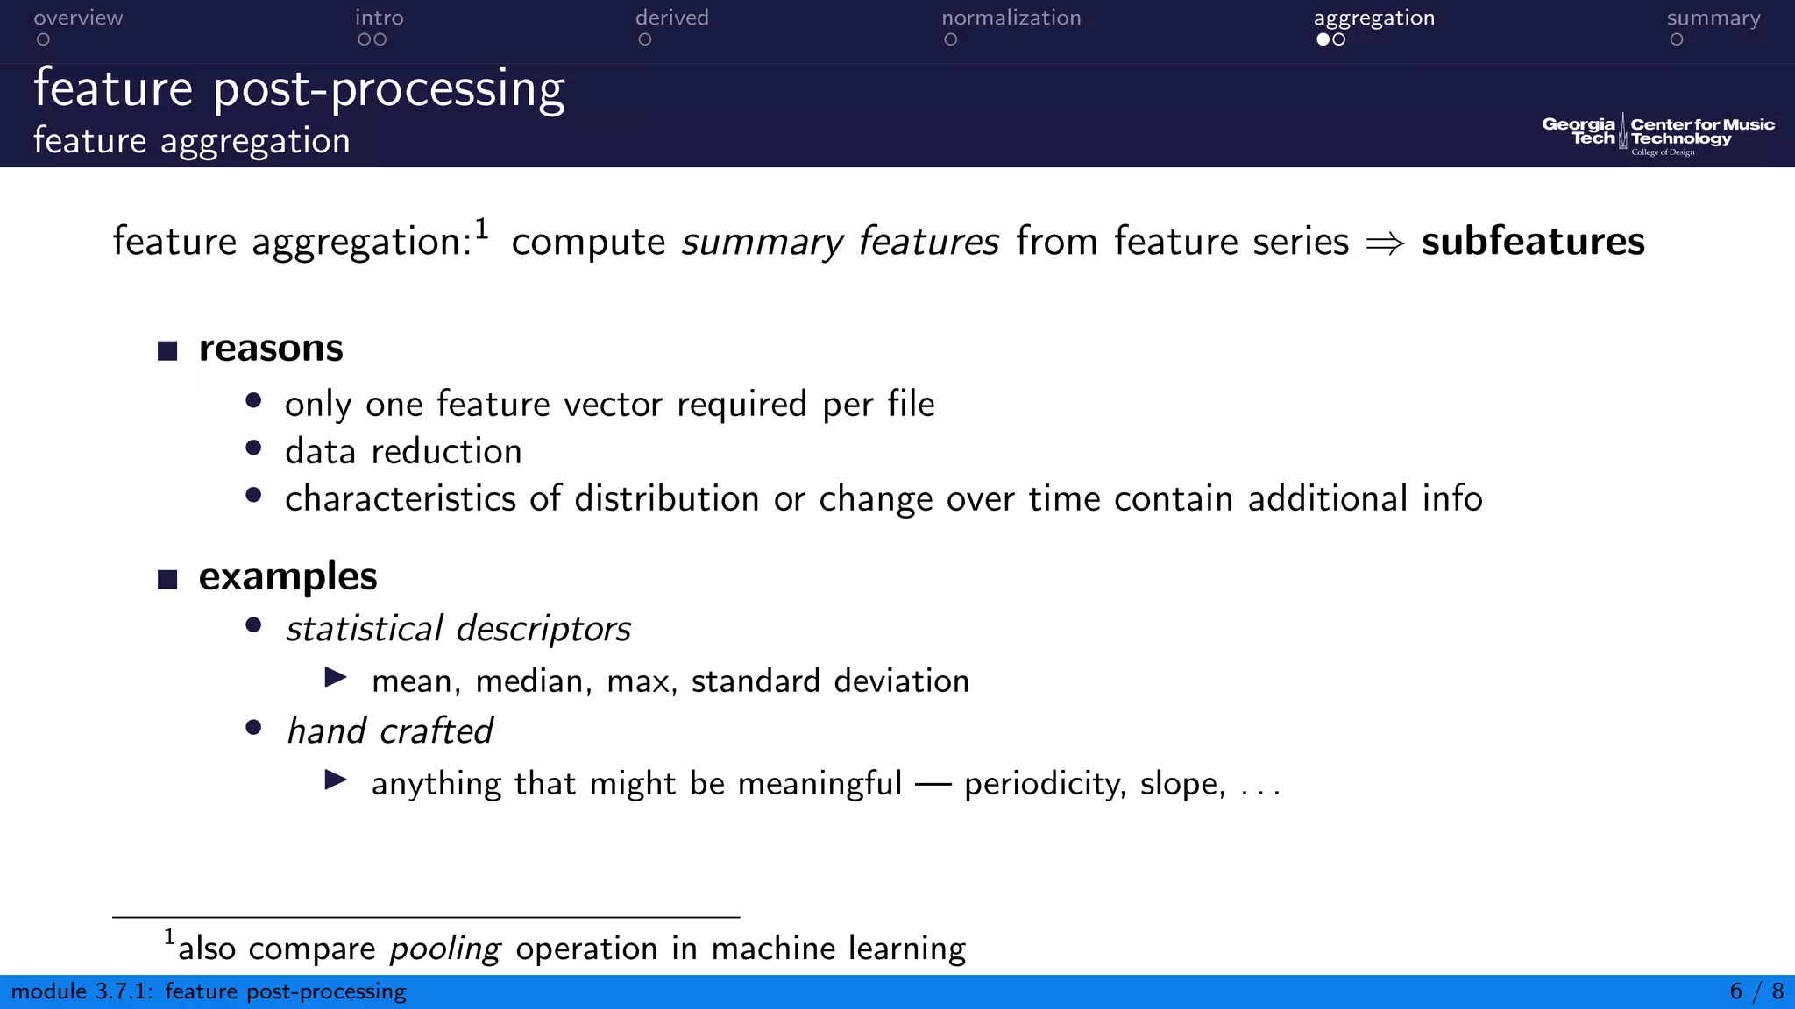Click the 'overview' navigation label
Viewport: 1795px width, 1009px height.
78,18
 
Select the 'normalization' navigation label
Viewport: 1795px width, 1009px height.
1011,18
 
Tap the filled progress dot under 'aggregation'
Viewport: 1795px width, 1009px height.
1323,39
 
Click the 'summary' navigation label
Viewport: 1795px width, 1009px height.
1713,18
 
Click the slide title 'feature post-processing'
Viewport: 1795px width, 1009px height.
299,89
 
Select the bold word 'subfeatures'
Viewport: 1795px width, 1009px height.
1532,242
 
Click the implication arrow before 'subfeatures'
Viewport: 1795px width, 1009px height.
1385,243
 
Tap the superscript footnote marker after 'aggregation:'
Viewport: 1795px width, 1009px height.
481,229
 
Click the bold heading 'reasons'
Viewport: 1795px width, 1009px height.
271,349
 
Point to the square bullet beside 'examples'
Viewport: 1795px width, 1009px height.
167,580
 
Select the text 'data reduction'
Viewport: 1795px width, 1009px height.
403,452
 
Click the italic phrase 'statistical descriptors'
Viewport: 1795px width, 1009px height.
458,629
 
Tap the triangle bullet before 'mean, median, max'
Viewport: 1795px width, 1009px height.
336,677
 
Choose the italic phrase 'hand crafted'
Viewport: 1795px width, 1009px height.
389,731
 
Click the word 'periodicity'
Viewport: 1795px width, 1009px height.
1043,784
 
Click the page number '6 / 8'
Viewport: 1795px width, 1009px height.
1756,991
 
